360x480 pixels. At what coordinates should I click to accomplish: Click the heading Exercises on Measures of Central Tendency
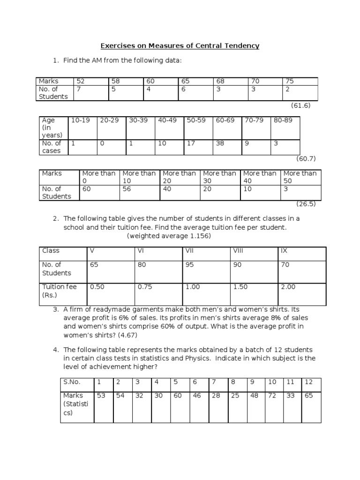point(180,46)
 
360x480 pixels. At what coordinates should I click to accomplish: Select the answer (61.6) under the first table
point(301,105)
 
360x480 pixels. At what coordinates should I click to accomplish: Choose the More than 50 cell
point(300,177)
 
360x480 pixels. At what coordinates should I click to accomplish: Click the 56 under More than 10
point(127,189)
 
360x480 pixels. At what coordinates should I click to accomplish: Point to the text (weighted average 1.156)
point(169,236)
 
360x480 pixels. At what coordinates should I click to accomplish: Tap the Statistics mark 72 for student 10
point(272,396)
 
